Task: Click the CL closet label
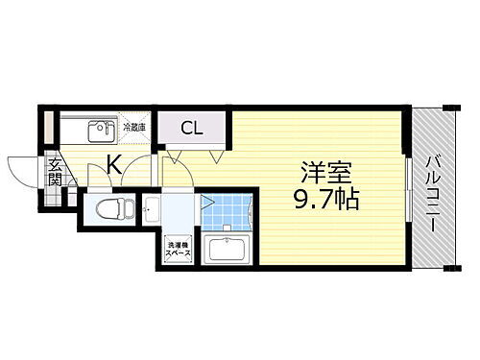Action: pos(190,128)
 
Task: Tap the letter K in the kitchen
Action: pos(113,165)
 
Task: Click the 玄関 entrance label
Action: pos(55,172)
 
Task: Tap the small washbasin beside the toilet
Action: pos(150,208)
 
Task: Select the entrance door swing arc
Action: pos(21,170)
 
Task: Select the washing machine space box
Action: pos(178,249)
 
